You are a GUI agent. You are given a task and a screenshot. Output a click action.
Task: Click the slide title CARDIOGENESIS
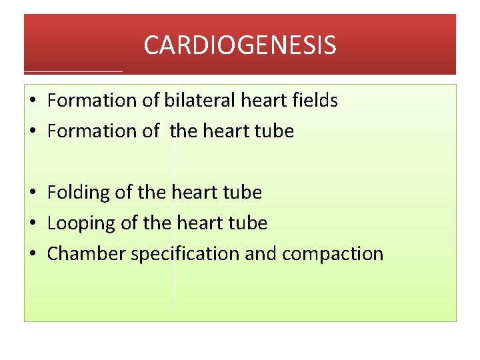pyautogui.click(x=240, y=45)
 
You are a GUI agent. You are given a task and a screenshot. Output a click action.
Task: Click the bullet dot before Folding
pyautogui.click(x=33, y=193)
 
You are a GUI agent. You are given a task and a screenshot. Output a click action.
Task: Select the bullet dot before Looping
pyautogui.click(x=33, y=224)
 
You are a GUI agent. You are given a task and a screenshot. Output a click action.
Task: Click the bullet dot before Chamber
pyautogui.click(x=33, y=255)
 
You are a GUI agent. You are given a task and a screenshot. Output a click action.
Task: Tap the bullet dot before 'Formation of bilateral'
pyautogui.click(x=33, y=101)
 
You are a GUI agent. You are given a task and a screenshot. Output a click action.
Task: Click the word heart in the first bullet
pyautogui.click(x=264, y=101)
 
